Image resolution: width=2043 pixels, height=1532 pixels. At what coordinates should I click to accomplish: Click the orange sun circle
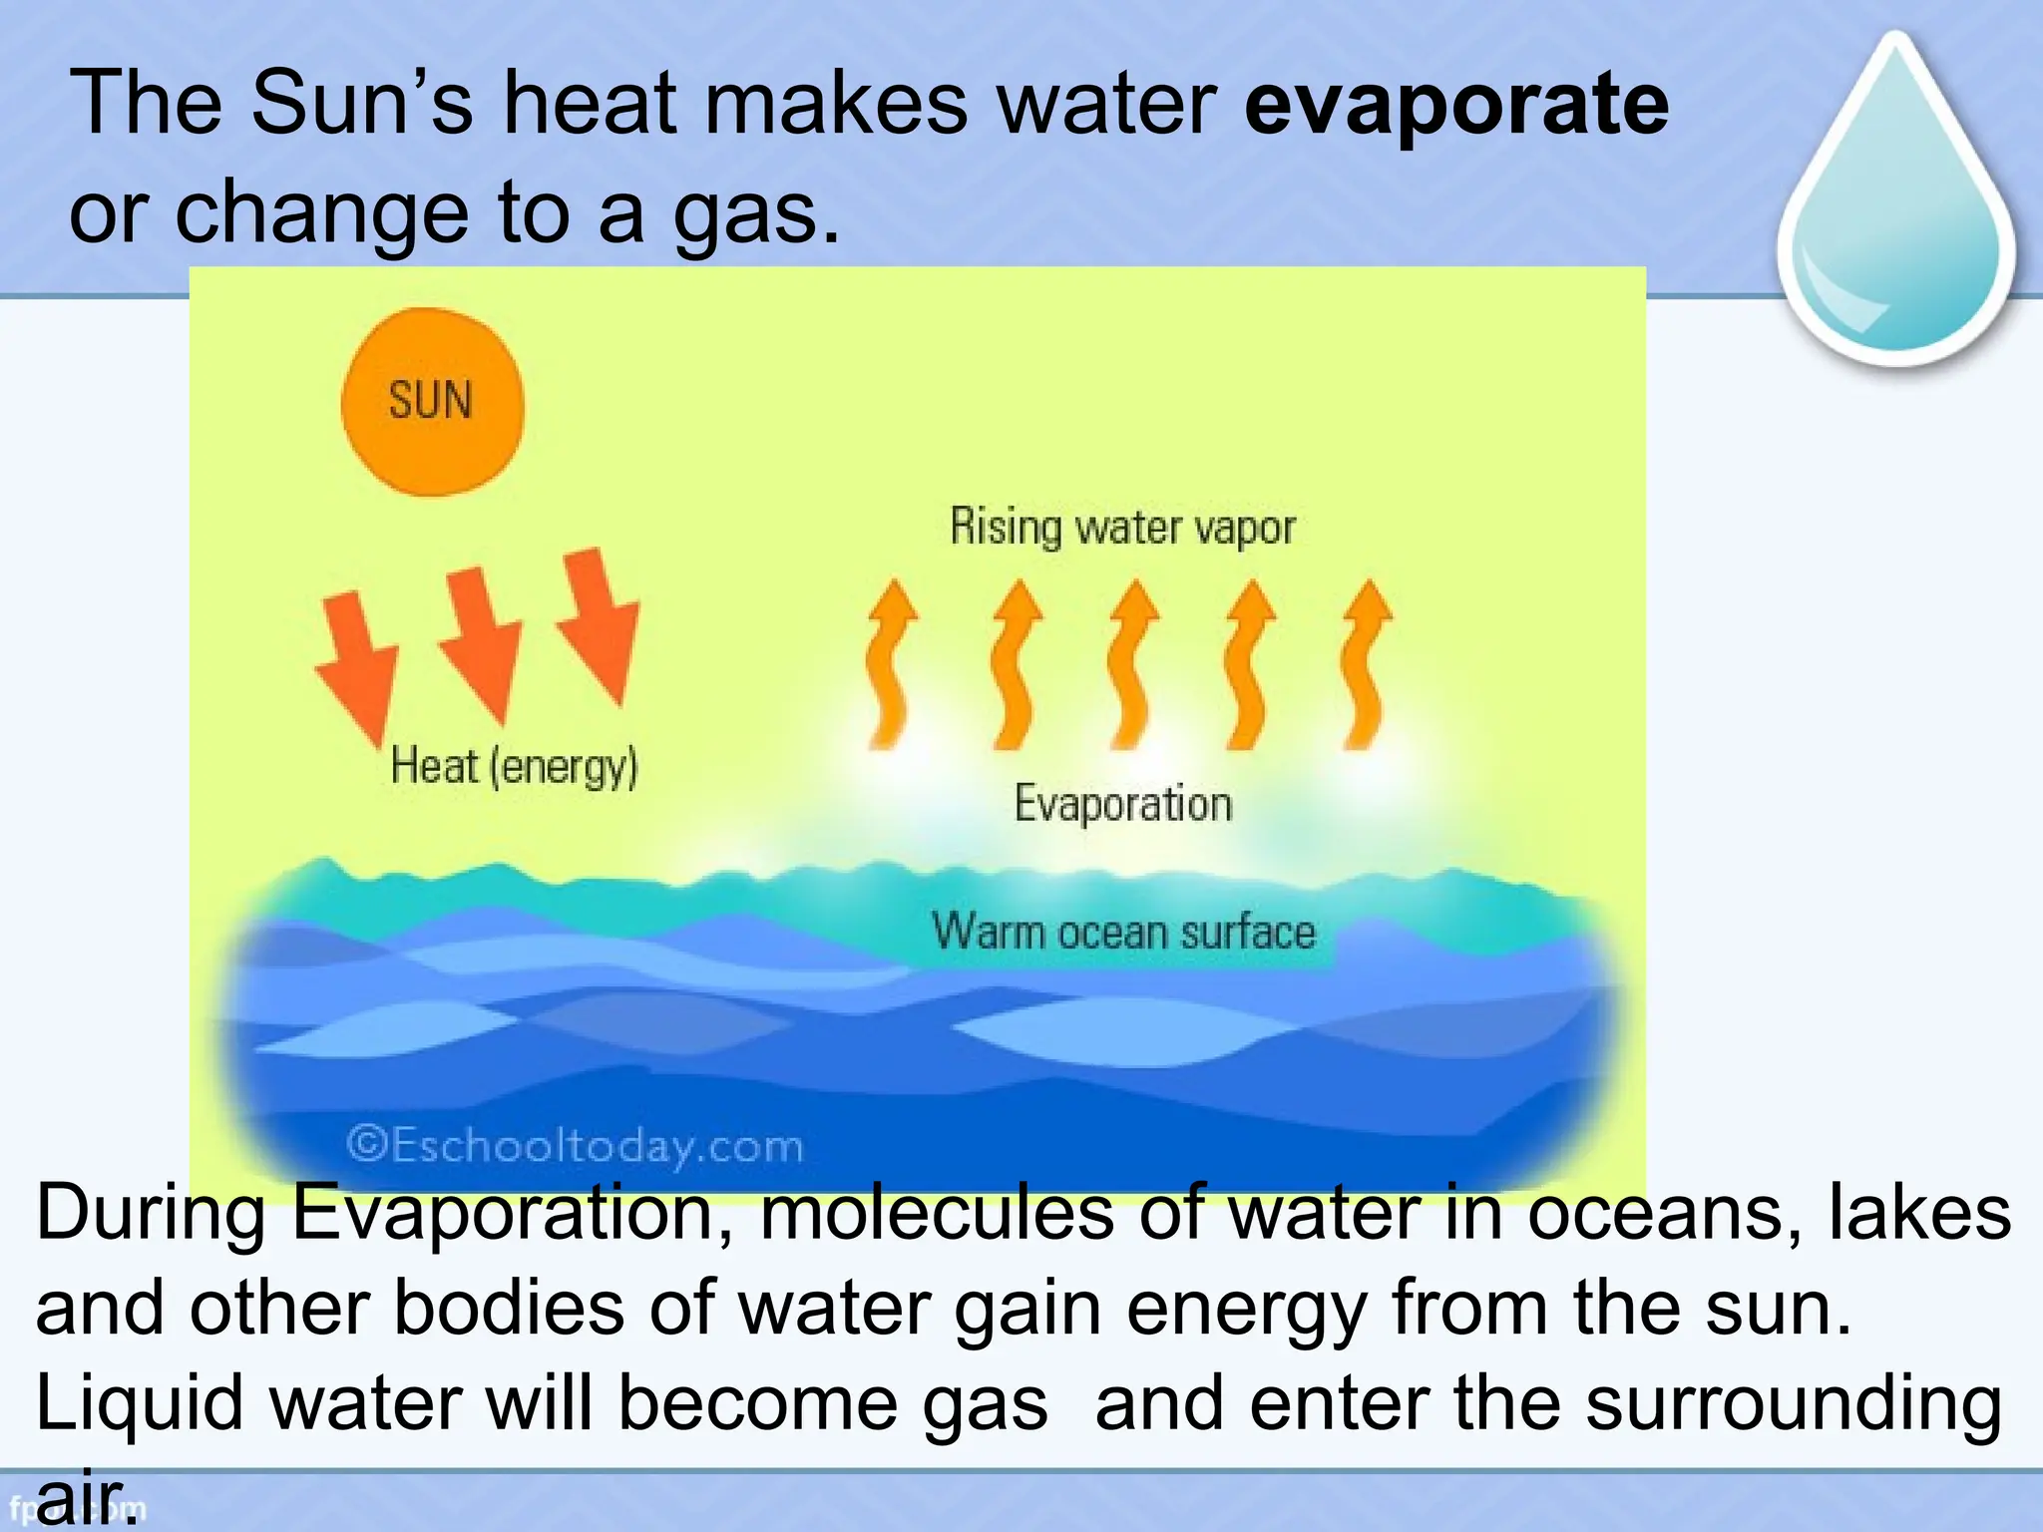pyautogui.click(x=432, y=402)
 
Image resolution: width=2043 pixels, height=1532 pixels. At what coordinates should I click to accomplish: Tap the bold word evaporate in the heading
pyautogui.click(x=1456, y=104)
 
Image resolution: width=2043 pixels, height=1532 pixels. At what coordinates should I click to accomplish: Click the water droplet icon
pyautogui.click(x=1896, y=209)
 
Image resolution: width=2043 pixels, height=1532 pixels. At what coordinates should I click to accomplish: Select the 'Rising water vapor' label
pyautogui.click(x=1122, y=527)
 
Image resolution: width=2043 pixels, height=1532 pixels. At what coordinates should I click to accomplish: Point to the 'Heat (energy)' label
pyautogui.click(x=514, y=767)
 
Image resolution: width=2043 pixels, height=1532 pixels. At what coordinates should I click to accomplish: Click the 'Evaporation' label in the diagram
pyautogui.click(x=1123, y=804)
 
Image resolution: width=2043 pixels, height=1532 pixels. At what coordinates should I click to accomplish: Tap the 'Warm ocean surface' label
pyautogui.click(x=1124, y=932)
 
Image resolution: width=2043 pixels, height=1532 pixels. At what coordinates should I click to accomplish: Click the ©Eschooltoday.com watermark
pyautogui.click(x=575, y=1145)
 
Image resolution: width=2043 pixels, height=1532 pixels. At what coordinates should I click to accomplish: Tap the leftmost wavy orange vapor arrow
pyautogui.click(x=891, y=664)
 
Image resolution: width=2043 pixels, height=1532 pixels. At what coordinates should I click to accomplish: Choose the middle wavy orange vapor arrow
pyautogui.click(x=1131, y=664)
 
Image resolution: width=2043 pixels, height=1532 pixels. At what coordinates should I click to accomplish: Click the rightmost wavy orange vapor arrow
pyautogui.click(x=1366, y=664)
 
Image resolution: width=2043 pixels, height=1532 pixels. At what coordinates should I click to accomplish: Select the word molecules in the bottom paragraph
pyautogui.click(x=937, y=1213)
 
